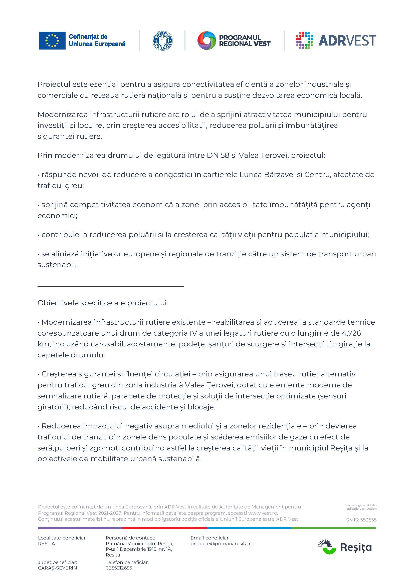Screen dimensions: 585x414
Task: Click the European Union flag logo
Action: point(52,41)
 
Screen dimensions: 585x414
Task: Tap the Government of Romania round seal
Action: point(162,41)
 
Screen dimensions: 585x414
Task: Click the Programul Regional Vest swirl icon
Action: point(206,41)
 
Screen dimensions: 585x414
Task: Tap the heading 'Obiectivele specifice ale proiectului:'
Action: point(103,303)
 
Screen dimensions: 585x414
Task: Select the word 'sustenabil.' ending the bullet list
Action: point(57,265)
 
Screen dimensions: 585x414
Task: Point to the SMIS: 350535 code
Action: point(361,520)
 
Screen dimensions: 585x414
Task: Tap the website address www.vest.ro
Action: point(263,513)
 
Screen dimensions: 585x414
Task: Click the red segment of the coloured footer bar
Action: point(164,528)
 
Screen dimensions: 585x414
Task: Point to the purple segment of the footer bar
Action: point(80,528)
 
